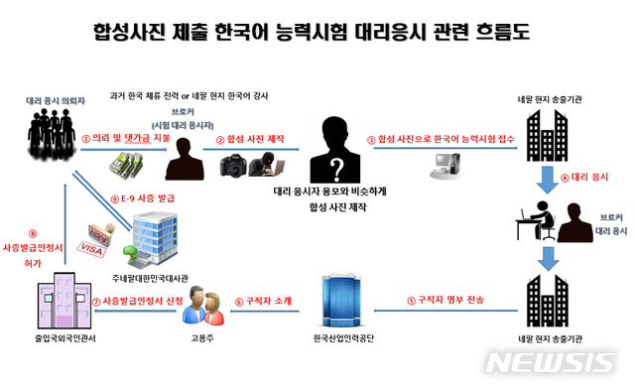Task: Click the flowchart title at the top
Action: click(x=317, y=32)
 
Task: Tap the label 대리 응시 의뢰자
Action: click(x=51, y=100)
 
